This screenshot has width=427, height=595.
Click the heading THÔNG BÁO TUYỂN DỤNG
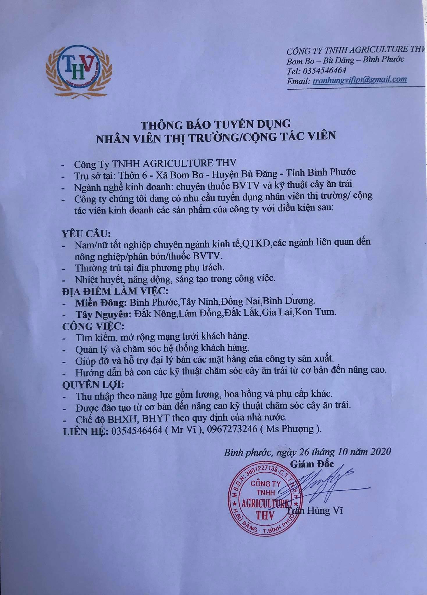click(216, 124)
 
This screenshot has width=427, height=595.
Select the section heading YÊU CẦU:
click(86, 234)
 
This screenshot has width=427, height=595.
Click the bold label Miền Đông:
click(101, 303)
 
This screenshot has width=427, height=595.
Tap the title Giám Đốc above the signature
click(312, 464)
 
